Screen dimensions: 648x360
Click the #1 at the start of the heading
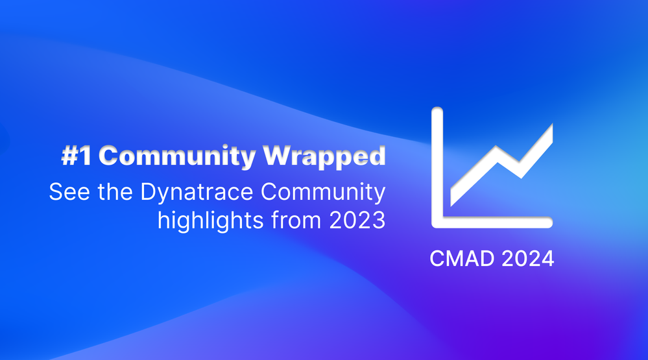77,156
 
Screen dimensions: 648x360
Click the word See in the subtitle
69,192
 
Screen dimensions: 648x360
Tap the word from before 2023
296,219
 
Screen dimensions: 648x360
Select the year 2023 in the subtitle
357,221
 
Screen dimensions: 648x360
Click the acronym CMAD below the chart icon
462,259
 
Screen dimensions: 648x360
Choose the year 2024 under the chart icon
528,259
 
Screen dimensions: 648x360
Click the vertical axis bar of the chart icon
437,165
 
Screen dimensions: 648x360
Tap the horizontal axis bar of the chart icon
492,222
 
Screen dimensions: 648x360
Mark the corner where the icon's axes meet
437,222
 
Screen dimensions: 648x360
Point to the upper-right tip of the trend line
552,125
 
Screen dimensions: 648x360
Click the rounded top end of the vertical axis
437,110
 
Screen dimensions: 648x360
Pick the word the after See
115,192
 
